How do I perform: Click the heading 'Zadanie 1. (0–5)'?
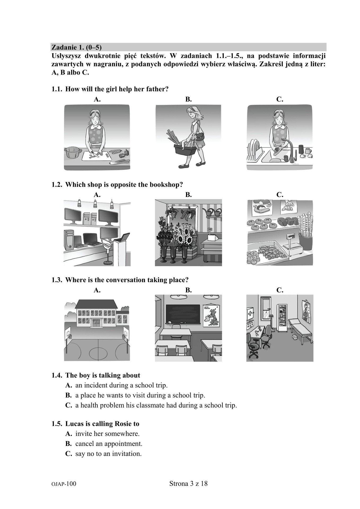point(77,47)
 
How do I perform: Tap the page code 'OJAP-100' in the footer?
point(64,484)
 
